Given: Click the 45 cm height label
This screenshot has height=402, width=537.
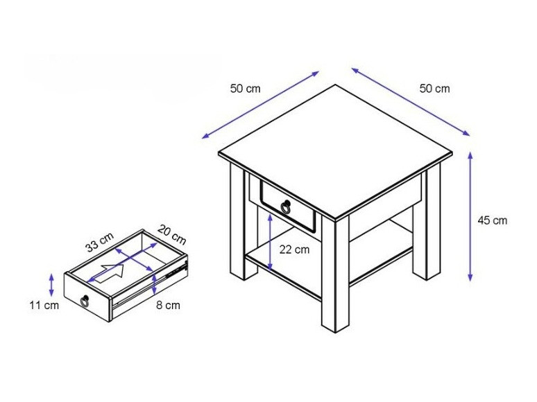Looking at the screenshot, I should (x=492, y=220).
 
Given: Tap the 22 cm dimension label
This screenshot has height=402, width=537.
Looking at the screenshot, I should (x=294, y=250).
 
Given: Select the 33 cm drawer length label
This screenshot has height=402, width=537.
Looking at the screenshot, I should (x=99, y=243).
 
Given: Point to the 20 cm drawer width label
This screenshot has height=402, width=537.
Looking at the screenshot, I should (x=171, y=234).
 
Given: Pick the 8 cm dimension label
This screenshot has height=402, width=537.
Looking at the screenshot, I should (x=168, y=305).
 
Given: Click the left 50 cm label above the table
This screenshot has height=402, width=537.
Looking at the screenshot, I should (x=245, y=88).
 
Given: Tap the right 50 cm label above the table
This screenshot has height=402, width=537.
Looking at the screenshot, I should (x=435, y=88).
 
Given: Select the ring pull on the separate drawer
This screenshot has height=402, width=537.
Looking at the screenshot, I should (x=85, y=300).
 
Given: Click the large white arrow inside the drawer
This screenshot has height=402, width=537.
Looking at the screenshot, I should (x=112, y=272).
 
